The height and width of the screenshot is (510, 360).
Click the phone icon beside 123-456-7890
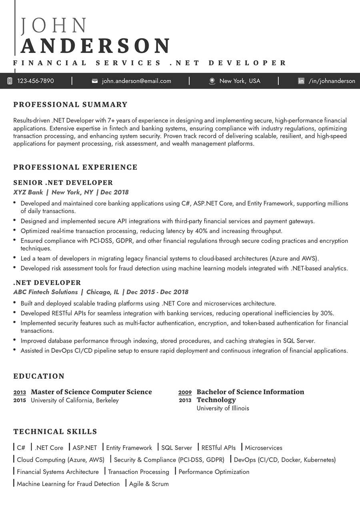click(x=10, y=81)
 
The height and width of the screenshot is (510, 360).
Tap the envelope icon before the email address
click(x=95, y=81)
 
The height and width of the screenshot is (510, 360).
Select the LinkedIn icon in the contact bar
click(x=301, y=81)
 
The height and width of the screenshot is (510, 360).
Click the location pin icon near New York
click(x=212, y=81)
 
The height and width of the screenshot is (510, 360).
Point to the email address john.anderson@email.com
click(x=136, y=81)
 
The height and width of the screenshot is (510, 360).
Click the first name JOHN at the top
click(x=54, y=26)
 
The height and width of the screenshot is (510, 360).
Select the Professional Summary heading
click(x=70, y=105)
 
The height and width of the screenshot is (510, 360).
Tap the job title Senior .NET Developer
click(x=63, y=183)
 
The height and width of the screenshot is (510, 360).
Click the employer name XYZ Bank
click(x=28, y=192)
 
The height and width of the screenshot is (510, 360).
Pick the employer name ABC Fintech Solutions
click(x=46, y=292)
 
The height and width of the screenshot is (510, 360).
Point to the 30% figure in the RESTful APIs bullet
click(x=327, y=313)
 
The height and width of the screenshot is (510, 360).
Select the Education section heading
click(x=39, y=376)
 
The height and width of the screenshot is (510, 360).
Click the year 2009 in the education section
click(x=185, y=392)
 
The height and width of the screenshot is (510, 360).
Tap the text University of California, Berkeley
click(x=75, y=400)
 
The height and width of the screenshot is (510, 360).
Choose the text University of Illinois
click(x=223, y=408)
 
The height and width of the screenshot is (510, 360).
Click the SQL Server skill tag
click(x=176, y=448)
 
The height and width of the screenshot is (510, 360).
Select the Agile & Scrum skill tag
click(x=149, y=484)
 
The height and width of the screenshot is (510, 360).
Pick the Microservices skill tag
click(x=264, y=448)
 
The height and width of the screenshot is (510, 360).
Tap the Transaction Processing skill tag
click(x=138, y=472)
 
